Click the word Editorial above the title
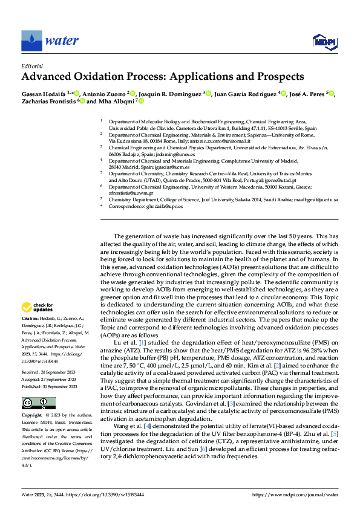(32, 66)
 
